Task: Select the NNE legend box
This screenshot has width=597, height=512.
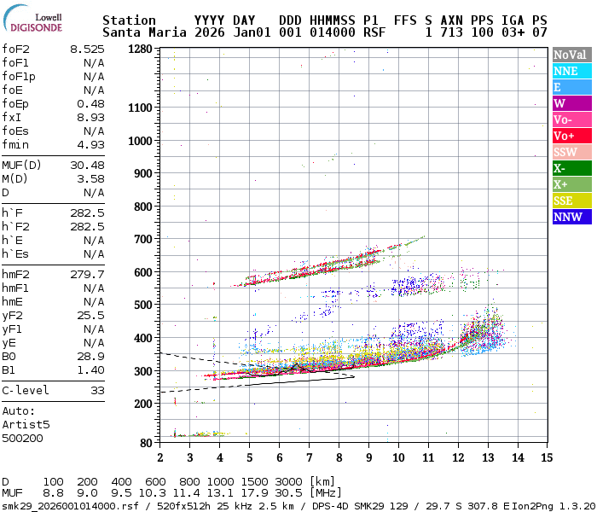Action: pos(570,72)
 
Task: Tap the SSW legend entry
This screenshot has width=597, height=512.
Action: pos(570,152)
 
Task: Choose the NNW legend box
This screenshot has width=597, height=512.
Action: pos(570,217)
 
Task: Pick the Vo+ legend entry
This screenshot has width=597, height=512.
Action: pos(570,136)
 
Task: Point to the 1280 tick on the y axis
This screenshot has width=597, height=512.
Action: pos(140,49)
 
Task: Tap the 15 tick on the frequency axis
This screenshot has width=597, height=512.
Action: pos(546,458)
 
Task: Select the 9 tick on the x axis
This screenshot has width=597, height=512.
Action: pos(368,458)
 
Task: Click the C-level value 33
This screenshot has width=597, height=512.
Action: pos(96,390)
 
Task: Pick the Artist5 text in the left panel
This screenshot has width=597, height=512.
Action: pos(26,423)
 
